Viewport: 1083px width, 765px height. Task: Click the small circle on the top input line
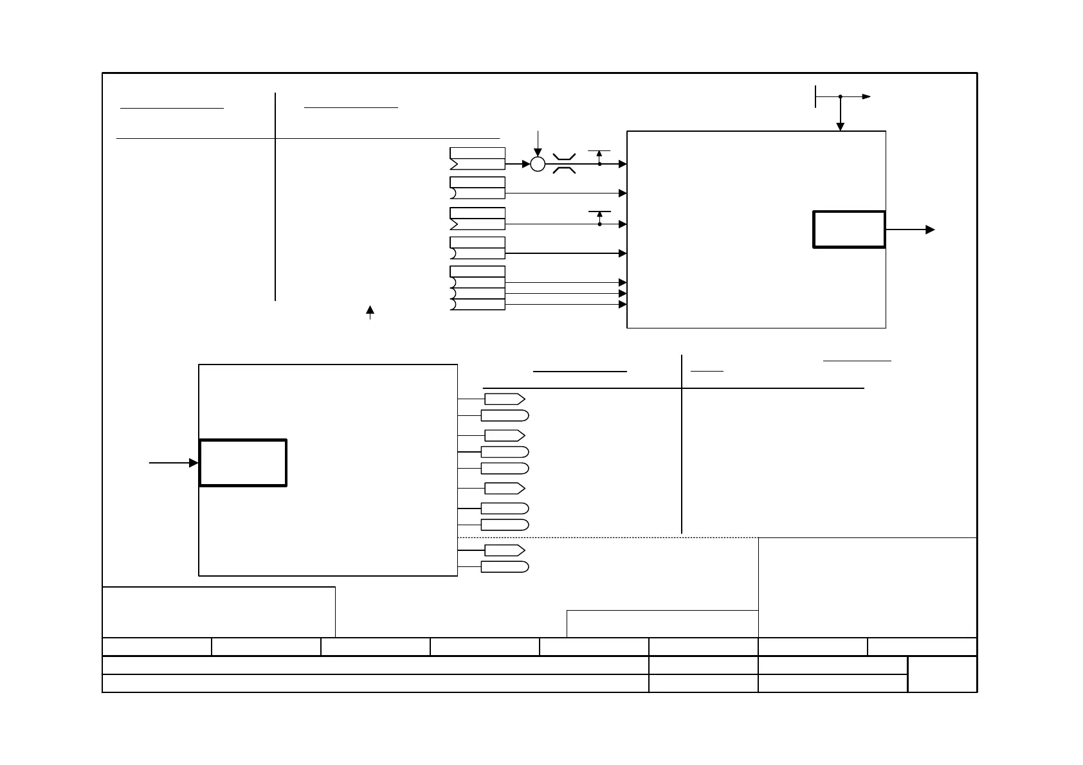coord(538,164)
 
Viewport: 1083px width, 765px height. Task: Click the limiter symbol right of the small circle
coord(564,163)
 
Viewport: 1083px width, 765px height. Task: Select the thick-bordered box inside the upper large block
coord(849,229)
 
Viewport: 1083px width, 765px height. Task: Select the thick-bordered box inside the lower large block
coord(243,463)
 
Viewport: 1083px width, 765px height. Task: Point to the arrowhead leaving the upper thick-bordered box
coord(930,230)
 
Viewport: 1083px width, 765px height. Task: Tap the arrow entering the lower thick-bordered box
coord(192,463)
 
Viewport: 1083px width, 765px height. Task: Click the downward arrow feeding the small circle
coord(538,152)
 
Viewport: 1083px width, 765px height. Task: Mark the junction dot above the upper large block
coord(840,96)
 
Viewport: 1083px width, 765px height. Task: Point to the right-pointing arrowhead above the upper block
coord(867,96)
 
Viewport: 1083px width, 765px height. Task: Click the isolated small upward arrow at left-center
coord(370,310)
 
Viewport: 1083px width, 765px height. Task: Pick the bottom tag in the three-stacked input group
coord(477,305)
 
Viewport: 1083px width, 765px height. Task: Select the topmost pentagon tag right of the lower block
coord(504,399)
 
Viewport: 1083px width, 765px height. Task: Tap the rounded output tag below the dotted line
coord(505,567)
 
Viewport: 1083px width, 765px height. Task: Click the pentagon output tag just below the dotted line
coord(504,550)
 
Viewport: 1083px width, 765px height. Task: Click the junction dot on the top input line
coord(599,164)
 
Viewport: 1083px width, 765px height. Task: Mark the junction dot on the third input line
coord(599,224)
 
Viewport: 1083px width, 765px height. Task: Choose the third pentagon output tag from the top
coord(504,489)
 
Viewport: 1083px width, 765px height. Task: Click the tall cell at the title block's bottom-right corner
coord(942,674)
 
